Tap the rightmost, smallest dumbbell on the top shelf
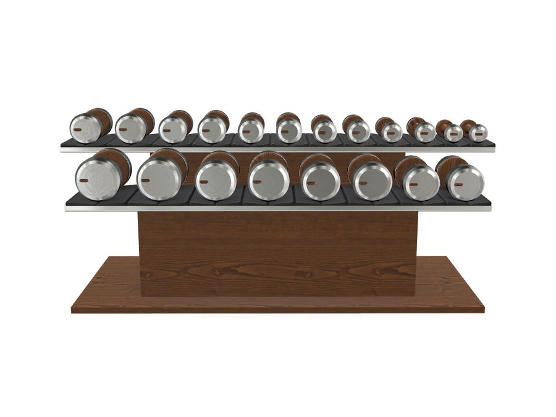(478, 132)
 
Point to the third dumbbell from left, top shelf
(173, 129)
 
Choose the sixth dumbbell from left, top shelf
(289, 130)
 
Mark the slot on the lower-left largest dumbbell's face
(83, 179)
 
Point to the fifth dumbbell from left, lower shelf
(319, 180)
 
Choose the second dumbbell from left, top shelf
(130, 128)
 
